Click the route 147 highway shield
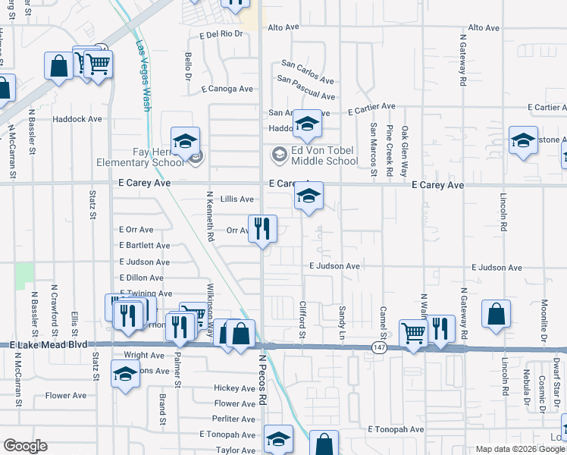coord(379,347)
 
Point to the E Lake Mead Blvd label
coord(49,345)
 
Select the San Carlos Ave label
coord(307,71)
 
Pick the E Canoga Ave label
coord(227,89)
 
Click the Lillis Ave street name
coord(237,199)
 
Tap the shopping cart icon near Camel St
coord(413,331)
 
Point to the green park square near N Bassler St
coord(25,275)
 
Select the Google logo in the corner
coord(24,446)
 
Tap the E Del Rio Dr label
coord(221,35)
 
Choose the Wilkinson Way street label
coord(210,303)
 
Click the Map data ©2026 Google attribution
coord(519,449)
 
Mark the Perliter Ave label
coord(233,419)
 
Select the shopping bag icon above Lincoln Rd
coord(495,313)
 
